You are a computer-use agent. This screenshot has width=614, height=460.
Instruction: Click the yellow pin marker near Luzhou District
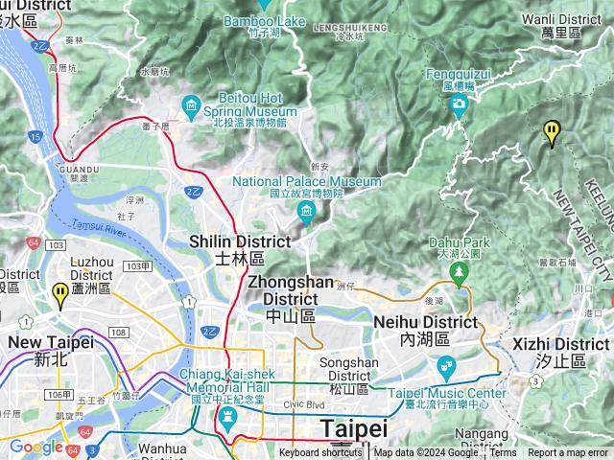tap(61, 294)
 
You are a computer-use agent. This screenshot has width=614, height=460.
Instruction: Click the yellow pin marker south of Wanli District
tap(552, 132)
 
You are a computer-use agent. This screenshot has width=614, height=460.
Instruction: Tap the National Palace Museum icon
tap(306, 211)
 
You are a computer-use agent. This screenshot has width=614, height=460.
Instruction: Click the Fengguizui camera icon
tap(459, 103)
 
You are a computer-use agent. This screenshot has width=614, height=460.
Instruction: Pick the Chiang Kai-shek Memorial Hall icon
tap(227, 416)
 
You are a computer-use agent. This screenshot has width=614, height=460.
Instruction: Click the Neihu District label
tap(437, 331)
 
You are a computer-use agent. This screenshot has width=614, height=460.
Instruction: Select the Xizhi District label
tap(561, 352)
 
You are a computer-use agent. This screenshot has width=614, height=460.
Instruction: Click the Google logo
tap(35, 447)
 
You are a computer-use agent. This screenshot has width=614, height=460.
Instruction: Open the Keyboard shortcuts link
tap(320, 453)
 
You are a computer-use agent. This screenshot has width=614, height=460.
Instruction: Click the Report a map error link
tap(568, 453)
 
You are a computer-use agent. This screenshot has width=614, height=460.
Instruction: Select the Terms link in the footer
tap(503, 453)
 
